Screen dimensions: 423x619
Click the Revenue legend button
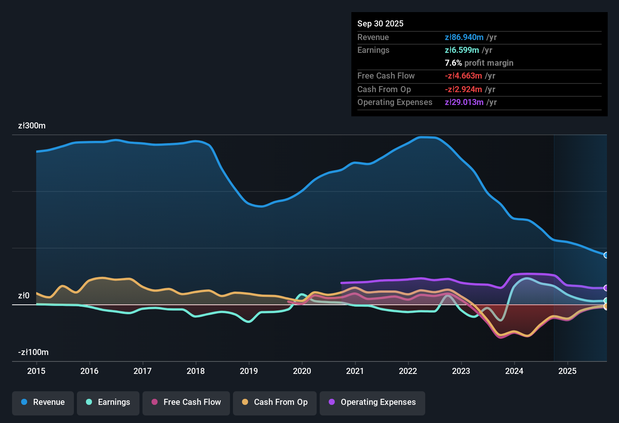coord(43,402)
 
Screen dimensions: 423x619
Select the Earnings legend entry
coord(108,402)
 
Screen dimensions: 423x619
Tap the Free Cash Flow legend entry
coord(186,402)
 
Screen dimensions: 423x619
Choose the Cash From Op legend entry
coord(275,402)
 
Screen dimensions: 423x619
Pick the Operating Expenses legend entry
coord(372,402)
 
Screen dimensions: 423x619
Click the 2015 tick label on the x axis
coord(36,371)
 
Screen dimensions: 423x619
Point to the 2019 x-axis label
coord(249,371)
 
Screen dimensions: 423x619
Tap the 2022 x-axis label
coord(408,371)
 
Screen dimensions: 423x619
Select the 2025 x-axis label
coord(567,371)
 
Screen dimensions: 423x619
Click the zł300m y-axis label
coord(32,126)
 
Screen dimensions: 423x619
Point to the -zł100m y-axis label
coord(33,352)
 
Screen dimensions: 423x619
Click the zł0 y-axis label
coord(24,296)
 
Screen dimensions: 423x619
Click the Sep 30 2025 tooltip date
coord(380,23)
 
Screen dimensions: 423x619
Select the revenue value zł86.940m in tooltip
coord(464,37)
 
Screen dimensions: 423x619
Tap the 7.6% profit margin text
coord(479,63)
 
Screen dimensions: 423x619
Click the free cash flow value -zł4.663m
coord(463,76)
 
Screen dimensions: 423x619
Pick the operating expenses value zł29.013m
coord(464,102)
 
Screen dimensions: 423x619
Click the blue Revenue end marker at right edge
coord(606,255)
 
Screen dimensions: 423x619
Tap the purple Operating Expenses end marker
coord(606,288)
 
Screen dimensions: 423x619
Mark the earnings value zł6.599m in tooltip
coord(462,50)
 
